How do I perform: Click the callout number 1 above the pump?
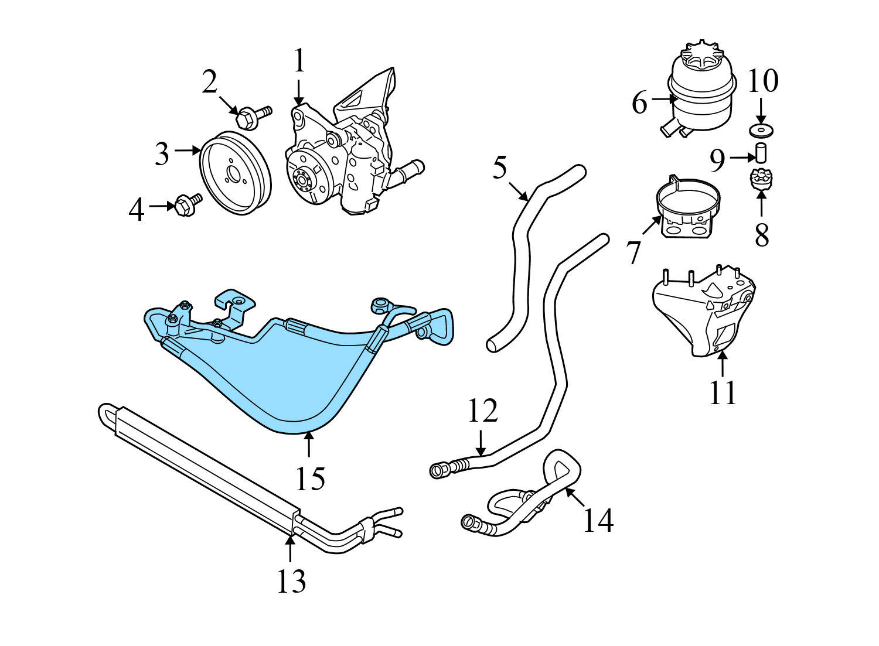click(x=299, y=61)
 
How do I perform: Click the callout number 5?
click(x=499, y=168)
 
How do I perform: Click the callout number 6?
click(x=640, y=104)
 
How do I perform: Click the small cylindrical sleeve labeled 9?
click(x=761, y=151)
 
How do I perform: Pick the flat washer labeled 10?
click(x=761, y=129)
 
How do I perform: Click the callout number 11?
click(x=722, y=392)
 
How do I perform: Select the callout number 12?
click(x=482, y=411)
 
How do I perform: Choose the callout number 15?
click(x=309, y=478)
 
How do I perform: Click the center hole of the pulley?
click(x=233, y=175)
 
